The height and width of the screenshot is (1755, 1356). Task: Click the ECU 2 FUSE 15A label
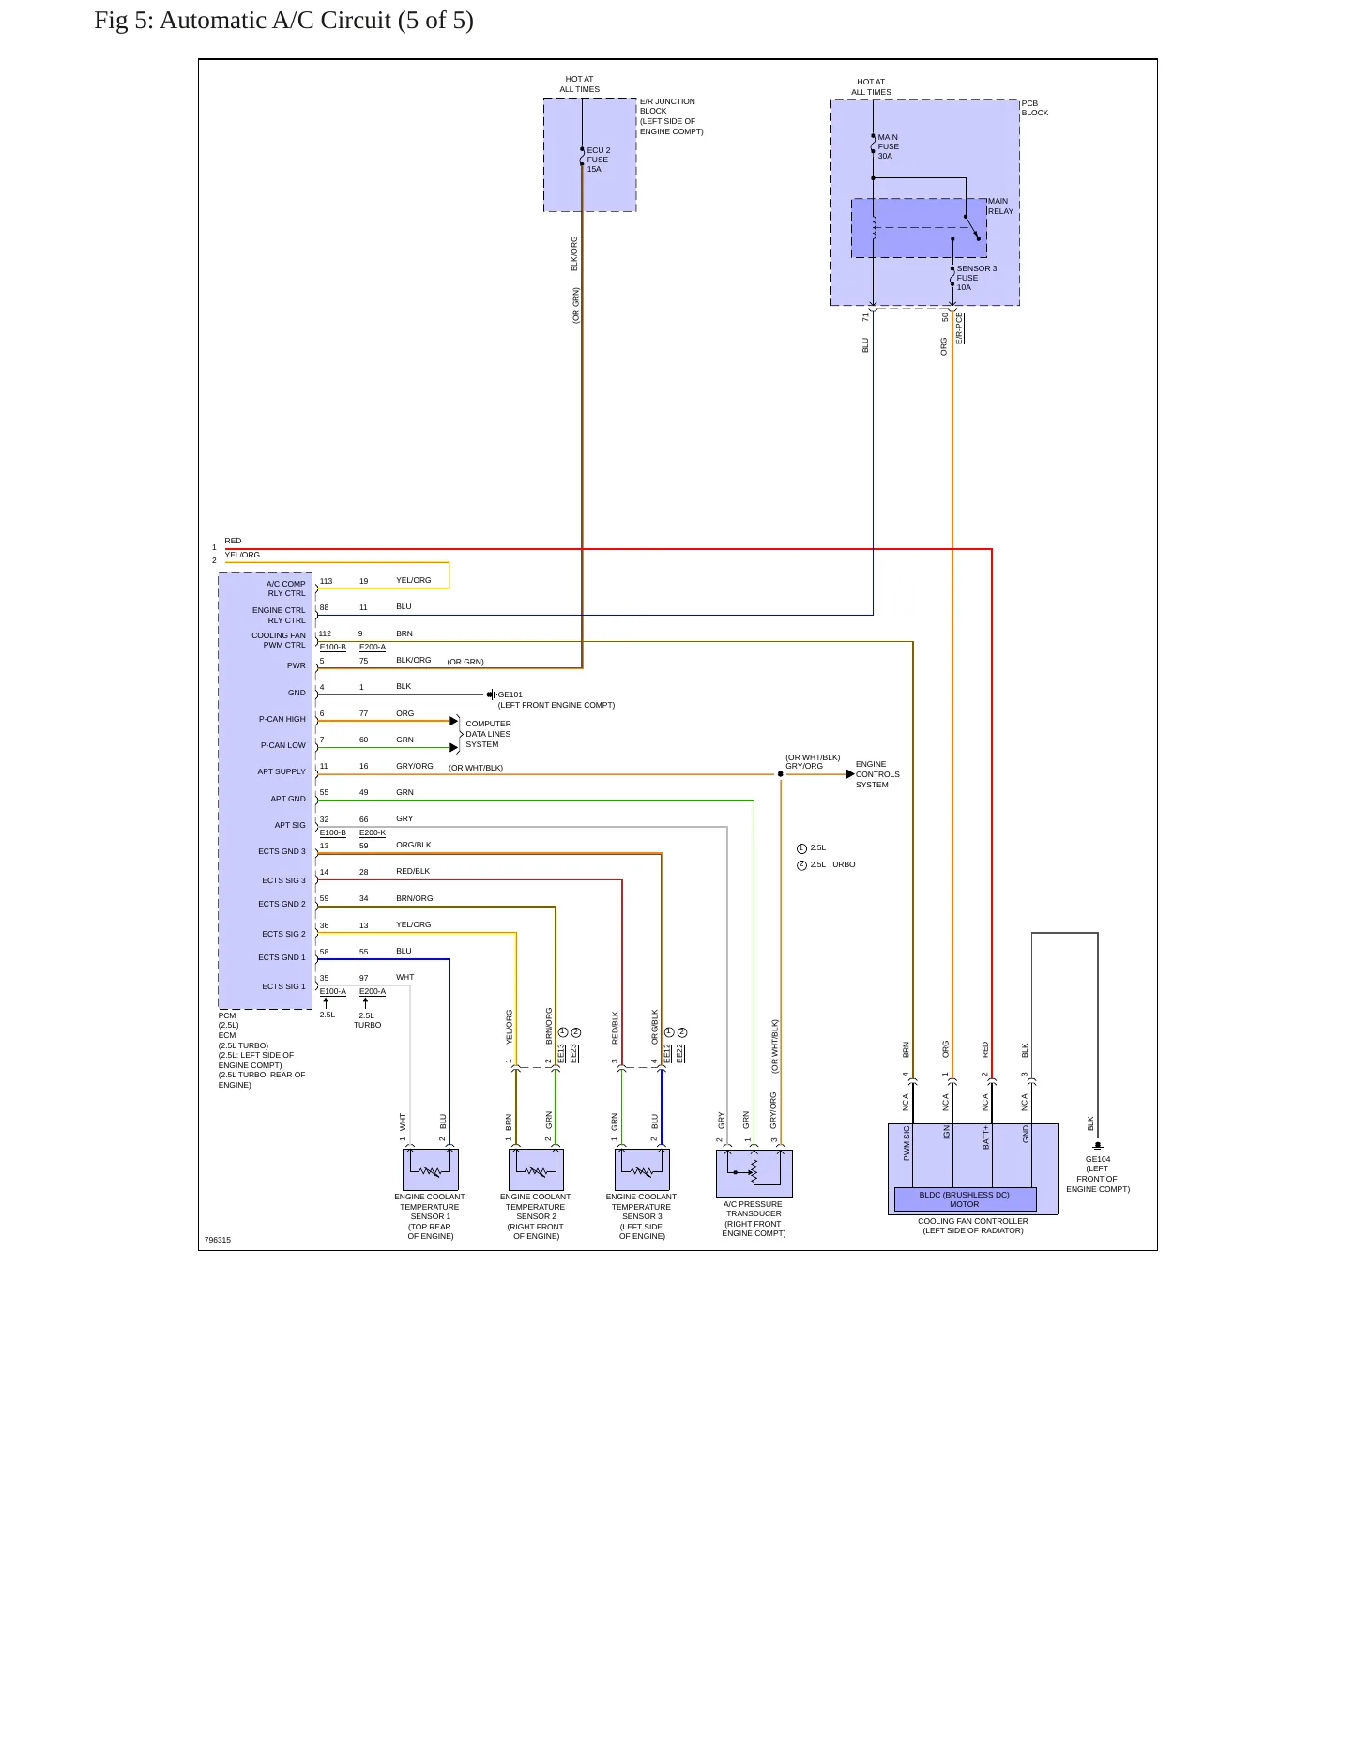[x=599, y=160]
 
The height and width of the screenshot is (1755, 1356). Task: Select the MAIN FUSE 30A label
[x=888, y=146]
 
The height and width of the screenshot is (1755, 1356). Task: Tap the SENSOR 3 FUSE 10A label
[x=976, y=278]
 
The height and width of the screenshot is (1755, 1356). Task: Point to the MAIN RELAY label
[x=1000, y=206]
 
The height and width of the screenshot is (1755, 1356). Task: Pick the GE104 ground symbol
[x=1098, y=1146]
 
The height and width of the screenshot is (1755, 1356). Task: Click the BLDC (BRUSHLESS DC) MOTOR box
[x=965, y=1199]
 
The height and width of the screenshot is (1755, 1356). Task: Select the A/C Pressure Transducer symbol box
[x=754, y=1173]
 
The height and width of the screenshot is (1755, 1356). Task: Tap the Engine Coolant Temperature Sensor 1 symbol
[x=431, y=1170]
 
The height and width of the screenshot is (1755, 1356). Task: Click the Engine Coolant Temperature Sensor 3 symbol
[x=642, y=1170]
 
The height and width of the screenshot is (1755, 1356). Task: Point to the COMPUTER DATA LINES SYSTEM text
[x=488, y=734]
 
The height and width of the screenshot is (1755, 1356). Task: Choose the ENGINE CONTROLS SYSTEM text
[x=877, y=774]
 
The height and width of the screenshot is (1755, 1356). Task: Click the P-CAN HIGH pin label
[x=282, y=719]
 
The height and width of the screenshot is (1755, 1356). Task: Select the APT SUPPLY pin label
[x=282, y=771]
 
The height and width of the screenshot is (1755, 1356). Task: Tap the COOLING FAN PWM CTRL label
[x=278, y=640]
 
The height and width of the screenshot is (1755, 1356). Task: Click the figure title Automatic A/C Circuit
[x=283, y=20]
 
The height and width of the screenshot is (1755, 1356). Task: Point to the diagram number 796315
[x=218, y=1240]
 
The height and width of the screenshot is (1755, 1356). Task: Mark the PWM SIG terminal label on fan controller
[x=907, y=1143]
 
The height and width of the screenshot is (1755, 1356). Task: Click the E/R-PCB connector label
[x=959, y=328]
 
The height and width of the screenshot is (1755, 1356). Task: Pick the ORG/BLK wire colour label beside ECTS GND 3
[x=414, y=845]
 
